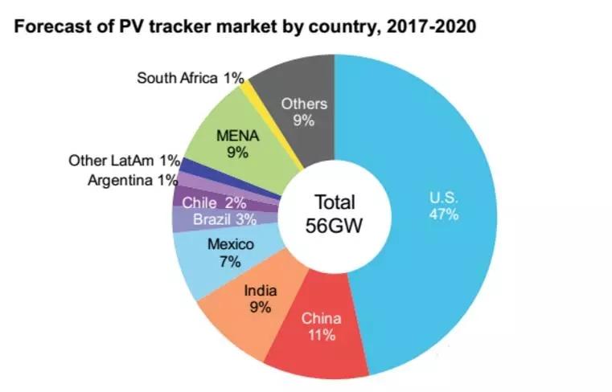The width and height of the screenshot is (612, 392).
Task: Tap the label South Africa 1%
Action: tap(190, 78)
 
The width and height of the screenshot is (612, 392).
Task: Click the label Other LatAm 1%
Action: tap(125, 161)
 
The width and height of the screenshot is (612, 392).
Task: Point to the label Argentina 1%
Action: tap(132, 179)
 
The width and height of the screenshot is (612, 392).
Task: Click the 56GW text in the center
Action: tap(334, 225)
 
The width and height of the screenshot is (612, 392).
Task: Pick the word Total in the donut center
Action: tap(335, 202)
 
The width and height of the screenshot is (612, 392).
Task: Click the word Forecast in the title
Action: tap(48, 27)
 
